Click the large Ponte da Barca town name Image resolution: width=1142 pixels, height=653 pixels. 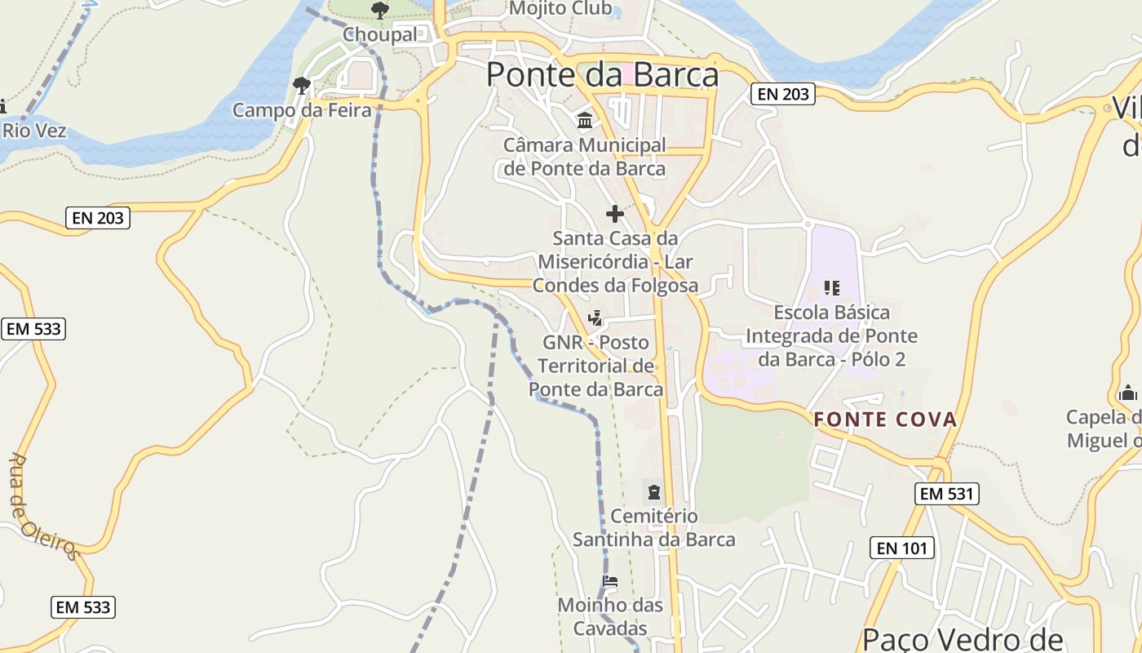[602, 75]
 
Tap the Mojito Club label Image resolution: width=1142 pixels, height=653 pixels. [560, 9]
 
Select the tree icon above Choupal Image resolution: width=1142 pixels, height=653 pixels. [379, 11]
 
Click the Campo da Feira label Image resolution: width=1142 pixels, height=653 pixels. [302, 109]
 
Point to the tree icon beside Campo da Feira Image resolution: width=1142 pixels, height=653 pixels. [302, 84]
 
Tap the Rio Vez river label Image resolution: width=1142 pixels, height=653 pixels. [33, 131]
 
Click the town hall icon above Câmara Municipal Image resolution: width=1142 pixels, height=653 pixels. [585, 121]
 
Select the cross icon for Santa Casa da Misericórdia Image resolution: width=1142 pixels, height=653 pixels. [615, 214]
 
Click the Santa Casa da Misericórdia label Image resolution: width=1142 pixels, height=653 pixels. [615, 262]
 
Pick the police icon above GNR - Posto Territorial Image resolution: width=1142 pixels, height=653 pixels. [596, 318]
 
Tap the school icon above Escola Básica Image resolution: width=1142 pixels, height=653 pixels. [832, 287]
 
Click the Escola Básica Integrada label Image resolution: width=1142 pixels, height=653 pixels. [832, 335]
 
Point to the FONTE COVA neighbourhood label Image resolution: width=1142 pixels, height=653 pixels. [885, 420]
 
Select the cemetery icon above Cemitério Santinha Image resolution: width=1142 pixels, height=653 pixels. [654, 492]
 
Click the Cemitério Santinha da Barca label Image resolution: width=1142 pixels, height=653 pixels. [654, 528]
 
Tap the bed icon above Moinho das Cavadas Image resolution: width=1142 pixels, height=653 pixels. [609, 582]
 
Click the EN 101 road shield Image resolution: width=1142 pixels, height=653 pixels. [902, 548]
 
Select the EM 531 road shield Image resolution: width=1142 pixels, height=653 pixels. [947, 493]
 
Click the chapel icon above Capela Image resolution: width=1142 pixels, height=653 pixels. [1128, 393]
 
